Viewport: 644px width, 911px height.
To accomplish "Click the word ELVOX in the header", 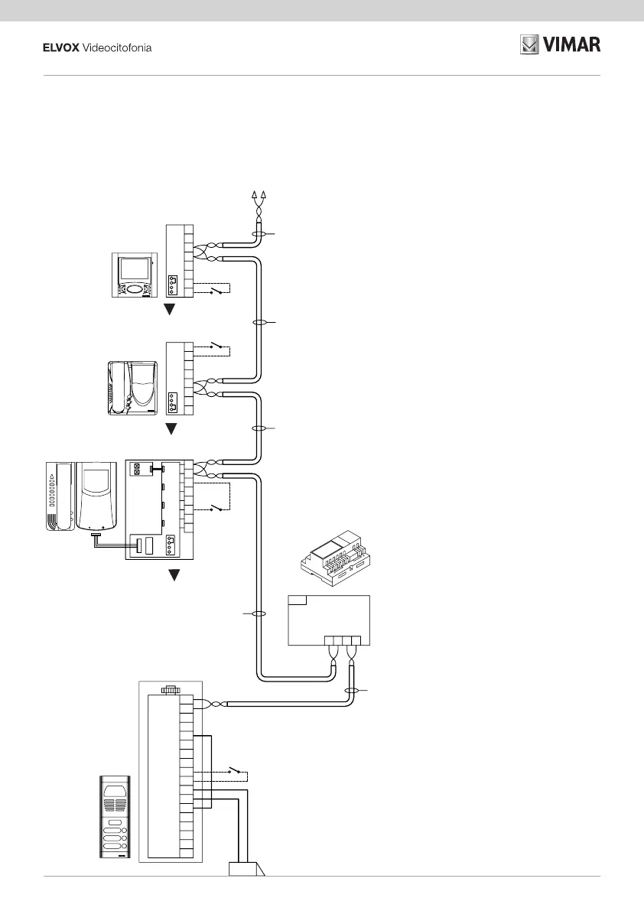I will [x=59, y=48].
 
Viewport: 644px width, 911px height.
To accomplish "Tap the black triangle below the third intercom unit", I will [x=174, y=575].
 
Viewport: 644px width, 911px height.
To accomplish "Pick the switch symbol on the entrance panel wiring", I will [x=238, y=772].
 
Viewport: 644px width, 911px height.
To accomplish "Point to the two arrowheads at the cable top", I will [x=259, y=196].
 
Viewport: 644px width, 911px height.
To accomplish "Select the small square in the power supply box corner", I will [x=298, y=600].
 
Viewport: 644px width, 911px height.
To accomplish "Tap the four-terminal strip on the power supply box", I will [x=343, y=641].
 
